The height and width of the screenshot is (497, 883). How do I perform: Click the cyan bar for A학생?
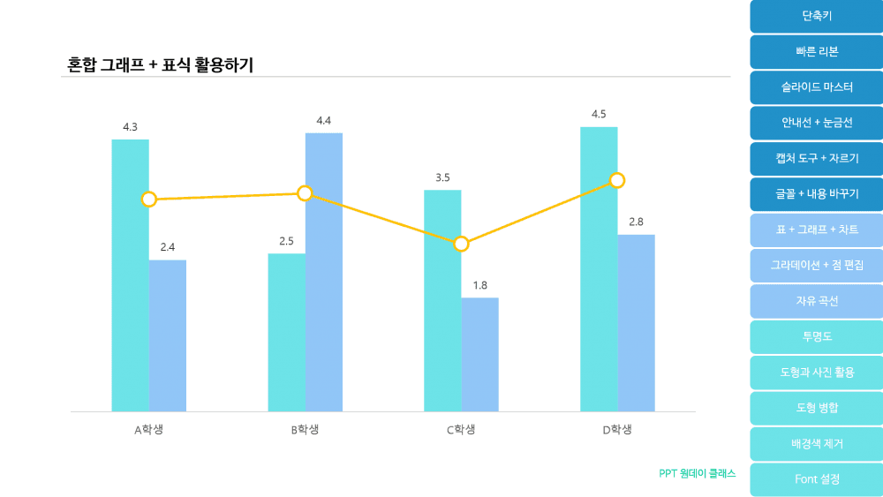click(x=130, y=275)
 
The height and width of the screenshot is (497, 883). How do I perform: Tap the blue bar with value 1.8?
click(x=479, y=354)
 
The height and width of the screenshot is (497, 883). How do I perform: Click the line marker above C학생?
click(x=461, y=244)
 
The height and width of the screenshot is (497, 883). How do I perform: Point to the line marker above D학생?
click(x=617, y=180)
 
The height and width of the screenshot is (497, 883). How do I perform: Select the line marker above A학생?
click(x=149, y=200)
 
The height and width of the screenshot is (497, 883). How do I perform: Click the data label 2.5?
click(x=286, y=241)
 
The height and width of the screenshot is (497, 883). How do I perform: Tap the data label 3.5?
click(x=442, y=177)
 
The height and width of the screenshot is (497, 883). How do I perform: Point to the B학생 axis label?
click(x=305, y=430)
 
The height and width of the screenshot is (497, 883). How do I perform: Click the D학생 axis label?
click(x=617, y=430)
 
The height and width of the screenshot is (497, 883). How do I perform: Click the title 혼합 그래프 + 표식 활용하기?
click(x=160, y=64)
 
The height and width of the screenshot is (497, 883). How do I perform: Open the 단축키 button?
click(x=816, y=16)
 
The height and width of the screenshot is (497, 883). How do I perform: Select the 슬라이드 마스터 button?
click(x=816, y=87)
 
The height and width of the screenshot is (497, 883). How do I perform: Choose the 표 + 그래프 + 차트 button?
click(x=816, y=230)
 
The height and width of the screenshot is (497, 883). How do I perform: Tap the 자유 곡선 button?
click(x=816, y=301)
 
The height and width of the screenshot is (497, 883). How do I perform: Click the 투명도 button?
click(x=816, y=336)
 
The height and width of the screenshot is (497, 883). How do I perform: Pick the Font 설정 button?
click(x=816, y=479)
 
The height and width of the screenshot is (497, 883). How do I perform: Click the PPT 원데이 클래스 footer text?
click(x=697, y=473)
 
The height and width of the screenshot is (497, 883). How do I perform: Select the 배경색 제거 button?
click(x=816, y=443)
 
